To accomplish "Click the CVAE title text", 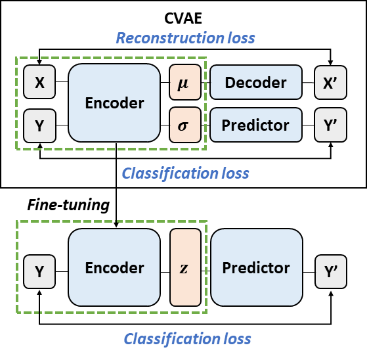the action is [183, 18].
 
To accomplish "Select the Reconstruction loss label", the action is [185, 38].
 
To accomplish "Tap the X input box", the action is [39, 81].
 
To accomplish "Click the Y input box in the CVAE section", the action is [39, 125].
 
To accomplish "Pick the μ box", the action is [185, 82].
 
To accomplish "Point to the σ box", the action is [185, 125].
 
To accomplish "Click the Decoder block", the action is [256, 82].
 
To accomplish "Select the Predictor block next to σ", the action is [256, 125].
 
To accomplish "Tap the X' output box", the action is [330, 83].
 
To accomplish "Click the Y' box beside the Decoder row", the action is [330, 125].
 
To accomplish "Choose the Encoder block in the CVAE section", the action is [114, 103].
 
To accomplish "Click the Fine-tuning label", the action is [68, 205].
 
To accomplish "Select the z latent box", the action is [185, 267].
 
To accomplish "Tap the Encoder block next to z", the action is [114, 267].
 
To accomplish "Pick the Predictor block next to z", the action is [257, 267].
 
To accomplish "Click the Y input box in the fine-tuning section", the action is [39, 272].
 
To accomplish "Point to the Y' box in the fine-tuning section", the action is [331, 272].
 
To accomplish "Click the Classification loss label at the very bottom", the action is [187, 339].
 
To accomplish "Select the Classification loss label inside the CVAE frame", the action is [185, 173].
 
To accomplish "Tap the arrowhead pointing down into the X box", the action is [39, 62].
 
